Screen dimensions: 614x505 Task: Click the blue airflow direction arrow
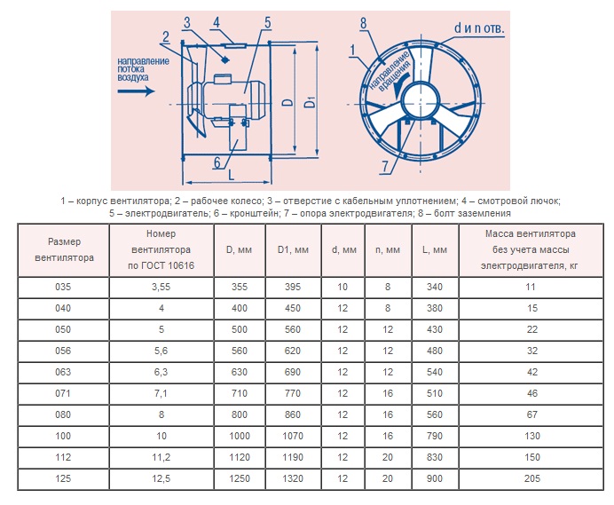136,91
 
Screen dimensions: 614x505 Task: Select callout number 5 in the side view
267,23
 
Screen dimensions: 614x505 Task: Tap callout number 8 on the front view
364,23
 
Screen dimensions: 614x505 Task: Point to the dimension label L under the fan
231,175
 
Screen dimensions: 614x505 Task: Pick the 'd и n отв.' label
479,28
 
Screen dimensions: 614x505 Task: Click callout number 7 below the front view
385,167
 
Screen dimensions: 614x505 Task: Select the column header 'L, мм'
435,249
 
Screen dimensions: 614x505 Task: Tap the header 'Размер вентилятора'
64,249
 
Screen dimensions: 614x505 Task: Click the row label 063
63,372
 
